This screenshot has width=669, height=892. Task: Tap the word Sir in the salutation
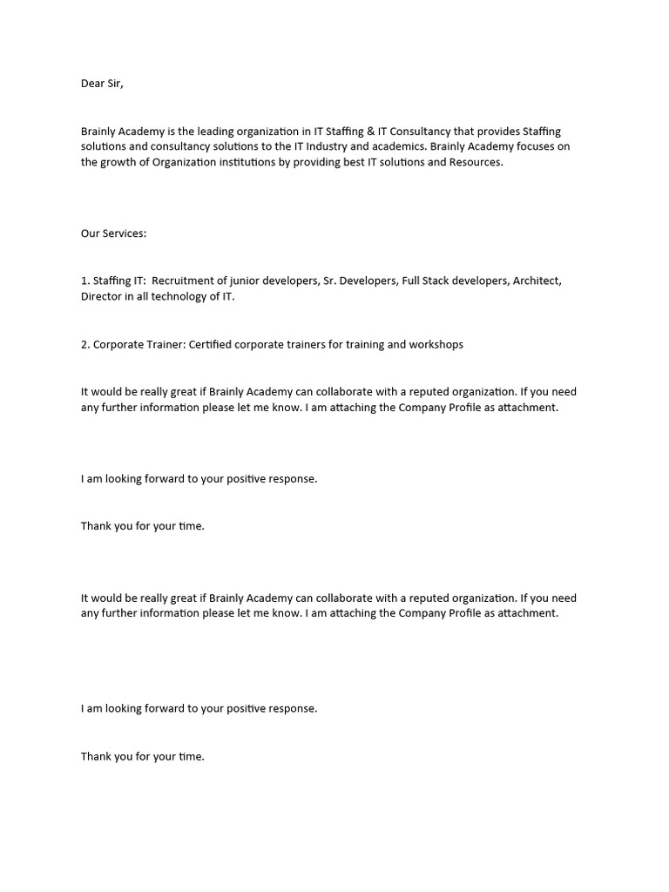tap(124, 84)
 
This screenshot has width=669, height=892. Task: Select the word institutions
tap(248, 162)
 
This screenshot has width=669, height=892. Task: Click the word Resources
tap(476, 162)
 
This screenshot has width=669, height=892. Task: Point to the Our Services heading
tap(114, 233)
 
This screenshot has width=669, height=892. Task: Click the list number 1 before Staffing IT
tap(84, 280)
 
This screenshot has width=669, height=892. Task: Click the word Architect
tap(537, 280)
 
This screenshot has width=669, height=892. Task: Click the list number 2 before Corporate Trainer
tap(84, 344)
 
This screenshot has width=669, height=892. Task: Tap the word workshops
tap(436, 344)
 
